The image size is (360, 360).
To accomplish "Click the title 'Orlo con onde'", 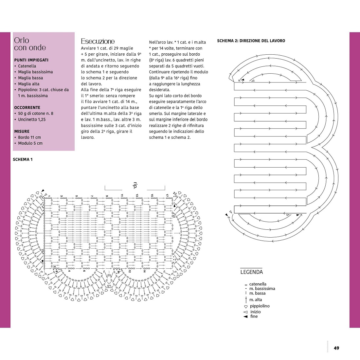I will (x=30, y=44).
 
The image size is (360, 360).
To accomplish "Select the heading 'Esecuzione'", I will (x=98, y=41).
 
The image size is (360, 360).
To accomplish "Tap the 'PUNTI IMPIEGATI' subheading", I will (x=31, y=60).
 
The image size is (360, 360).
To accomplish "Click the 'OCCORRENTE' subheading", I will (x=27, y=108).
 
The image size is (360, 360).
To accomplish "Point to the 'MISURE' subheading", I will (x=22, y=132).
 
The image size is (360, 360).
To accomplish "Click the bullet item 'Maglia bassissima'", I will (x=35, y=72).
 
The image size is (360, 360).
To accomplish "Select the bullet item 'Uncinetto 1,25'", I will (x=32, y=119).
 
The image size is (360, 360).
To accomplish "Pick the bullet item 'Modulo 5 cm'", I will (x=30, y=143).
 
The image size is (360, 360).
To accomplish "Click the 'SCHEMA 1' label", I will (x=23, y=160).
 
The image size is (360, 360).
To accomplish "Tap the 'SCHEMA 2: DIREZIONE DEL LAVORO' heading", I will (x=251, y=41).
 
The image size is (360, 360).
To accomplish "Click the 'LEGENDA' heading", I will (x=251, y=272).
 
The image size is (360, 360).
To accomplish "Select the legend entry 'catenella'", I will (x=258, y=284).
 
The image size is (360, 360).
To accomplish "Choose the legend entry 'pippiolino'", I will (x=260, y=306).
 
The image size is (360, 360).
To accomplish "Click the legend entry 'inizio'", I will (x=256, y=312).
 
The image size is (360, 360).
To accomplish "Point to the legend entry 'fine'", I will (x=254, y=316).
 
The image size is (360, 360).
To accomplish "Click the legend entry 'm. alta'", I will (x=256, y=300).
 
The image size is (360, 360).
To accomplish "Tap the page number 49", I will (x=336, y=348).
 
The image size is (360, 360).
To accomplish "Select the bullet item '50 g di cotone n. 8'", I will (x=36, y=114).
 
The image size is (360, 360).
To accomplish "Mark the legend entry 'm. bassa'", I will (x=257, y=293).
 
